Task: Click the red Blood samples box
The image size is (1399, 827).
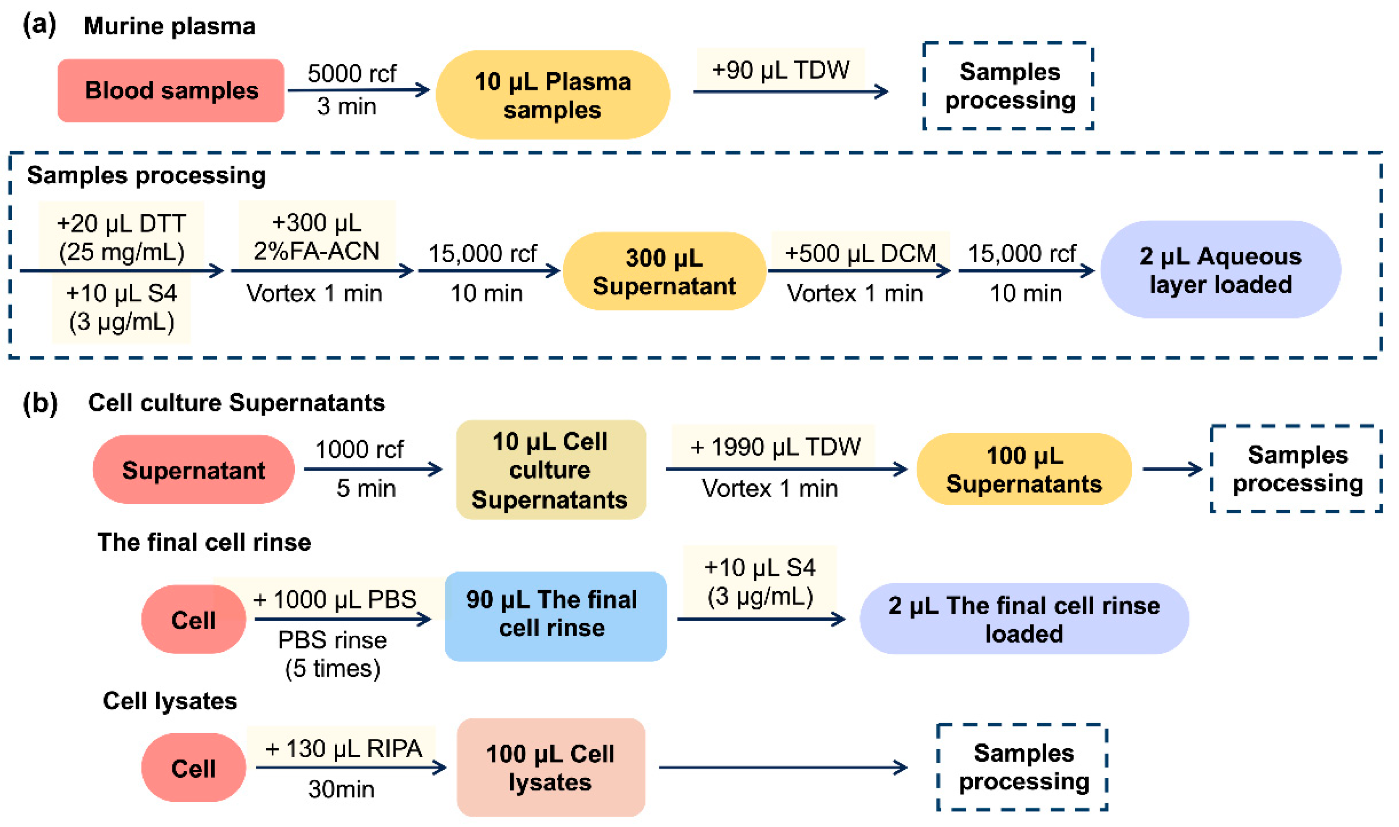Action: [171, 90]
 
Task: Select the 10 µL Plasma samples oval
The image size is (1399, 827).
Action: [552, 95]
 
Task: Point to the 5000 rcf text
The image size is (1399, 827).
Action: [352, 73]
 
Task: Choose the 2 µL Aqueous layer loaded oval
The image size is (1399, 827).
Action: [1220, 270]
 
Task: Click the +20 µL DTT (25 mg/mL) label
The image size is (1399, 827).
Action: [121, 237]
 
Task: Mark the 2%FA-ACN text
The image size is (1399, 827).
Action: [316, 251]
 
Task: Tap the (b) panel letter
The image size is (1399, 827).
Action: [40, 402]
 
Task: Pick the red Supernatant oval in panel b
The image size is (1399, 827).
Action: [193, 470]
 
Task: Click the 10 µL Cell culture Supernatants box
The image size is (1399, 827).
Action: [550, 470]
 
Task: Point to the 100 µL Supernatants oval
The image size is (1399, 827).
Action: [1024, 469]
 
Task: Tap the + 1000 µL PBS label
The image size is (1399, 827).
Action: [334, 599]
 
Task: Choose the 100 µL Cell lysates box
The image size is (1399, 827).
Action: [550, 767]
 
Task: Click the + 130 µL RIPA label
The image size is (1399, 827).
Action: [343, 748]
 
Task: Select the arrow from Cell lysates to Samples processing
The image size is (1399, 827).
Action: [782, 767]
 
